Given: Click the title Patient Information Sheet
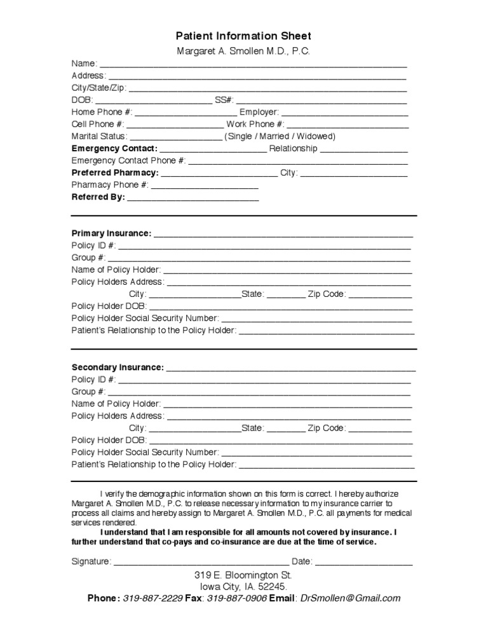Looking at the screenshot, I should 243,36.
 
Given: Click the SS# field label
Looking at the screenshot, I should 224,100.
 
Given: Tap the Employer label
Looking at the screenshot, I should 259,112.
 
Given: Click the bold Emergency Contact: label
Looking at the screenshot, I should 114,149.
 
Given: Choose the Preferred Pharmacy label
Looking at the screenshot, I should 115,173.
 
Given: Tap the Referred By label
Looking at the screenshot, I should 98,197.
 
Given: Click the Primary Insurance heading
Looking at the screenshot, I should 112,233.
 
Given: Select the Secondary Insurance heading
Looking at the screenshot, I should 118,368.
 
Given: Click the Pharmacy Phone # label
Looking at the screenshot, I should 110,185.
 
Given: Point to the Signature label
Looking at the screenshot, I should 91,562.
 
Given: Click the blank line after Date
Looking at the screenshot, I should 363,562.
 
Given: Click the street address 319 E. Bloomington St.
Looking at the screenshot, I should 243,575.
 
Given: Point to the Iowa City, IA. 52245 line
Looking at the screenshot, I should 243,586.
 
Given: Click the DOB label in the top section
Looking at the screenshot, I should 82,100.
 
